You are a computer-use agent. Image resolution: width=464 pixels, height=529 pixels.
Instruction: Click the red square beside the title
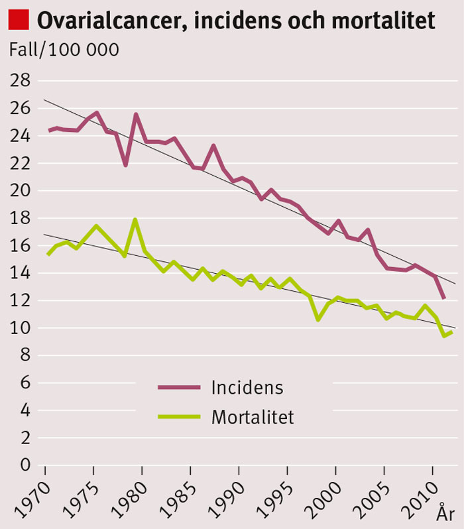19,19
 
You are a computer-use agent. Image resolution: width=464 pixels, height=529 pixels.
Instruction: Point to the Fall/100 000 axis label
64,50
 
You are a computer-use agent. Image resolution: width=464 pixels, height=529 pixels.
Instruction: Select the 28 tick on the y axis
22,81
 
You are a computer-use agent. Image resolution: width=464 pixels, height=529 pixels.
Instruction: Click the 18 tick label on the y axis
22,218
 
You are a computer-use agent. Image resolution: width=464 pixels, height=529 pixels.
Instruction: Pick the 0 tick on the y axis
26,465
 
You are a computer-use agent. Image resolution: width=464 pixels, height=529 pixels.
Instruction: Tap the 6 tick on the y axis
26,382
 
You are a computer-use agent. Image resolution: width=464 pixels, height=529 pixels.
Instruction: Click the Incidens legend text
247,387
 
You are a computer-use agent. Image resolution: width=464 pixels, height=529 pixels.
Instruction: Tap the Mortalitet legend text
253,417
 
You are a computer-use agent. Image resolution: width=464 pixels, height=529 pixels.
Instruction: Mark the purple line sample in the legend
179,387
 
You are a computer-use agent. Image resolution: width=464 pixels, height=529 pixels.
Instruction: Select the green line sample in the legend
179,417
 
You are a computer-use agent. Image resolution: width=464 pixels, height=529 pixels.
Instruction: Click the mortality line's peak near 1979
135,219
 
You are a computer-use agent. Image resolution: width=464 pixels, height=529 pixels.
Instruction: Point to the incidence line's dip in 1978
125,164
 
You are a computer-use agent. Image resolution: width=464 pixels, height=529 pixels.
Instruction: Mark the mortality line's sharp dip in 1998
319,320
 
